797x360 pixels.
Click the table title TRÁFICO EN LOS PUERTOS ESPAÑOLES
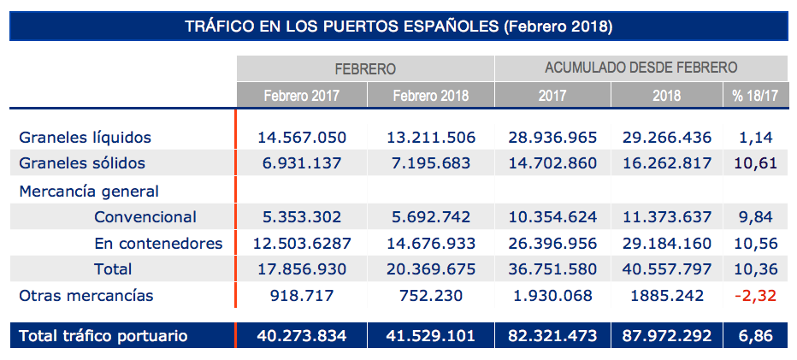pyautogui.click(x=398, y=26)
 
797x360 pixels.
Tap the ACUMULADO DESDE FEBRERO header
pyautogui.click(x=641, y=68)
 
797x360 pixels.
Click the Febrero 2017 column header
pyautogui.click(x=301, y=95)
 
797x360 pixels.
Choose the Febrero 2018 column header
pyautogui.click(x=430, y=95)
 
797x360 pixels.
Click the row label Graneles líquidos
pyautogui.click(x=86, y=137)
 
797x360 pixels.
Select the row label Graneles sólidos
pyautogui.click(x=82, y=163)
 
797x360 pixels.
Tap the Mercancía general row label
pyautogui.click(x=89, y=191)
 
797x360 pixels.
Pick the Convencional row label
pyautogui.click(x=145, y=217)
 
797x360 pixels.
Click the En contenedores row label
pyautogui.click(x=158, y=244)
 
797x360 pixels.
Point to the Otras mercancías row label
pyautogui.click(x=86, y=296)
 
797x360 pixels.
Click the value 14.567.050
pyautogui.click(x=302, y=137)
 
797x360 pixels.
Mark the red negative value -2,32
pyautogui.click(x=754, y=296)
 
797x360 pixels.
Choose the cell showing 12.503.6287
pyautogui.click(x=302, y=244)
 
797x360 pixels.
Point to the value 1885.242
pyautogui.click(x=668, y=296)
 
